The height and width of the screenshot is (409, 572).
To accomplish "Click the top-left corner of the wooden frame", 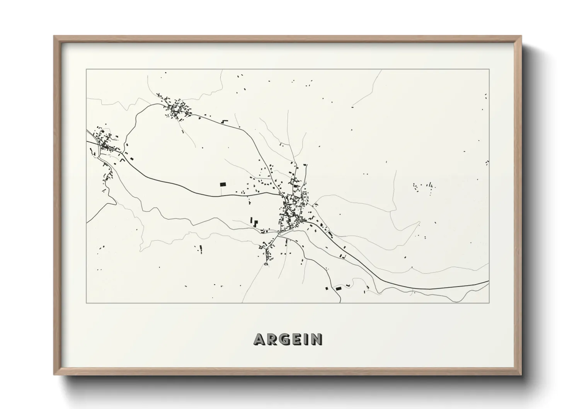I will point(54,36).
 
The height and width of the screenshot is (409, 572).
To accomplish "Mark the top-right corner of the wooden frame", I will point(521,36).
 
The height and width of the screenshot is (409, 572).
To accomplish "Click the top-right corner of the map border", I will point(489,69).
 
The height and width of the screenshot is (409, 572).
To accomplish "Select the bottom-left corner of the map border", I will point(86,303).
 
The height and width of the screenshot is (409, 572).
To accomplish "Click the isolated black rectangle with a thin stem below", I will point(223,184).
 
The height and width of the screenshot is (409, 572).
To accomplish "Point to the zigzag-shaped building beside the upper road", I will point(224,121).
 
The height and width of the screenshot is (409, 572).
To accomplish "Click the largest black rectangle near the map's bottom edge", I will point(339,288).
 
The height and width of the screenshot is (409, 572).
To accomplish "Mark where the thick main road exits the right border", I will point(489,281).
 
